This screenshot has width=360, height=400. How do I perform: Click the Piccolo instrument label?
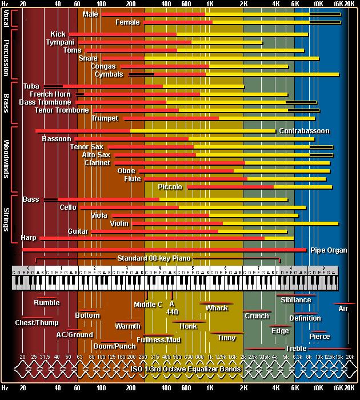[x=170, y=187]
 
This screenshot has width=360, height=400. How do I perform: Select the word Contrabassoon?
[x=304, y=131]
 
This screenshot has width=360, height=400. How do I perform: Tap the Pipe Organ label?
[x=329, y=250]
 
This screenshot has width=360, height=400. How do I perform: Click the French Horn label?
[x=50, y=94]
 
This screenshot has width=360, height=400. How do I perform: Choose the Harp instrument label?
[x=29, y=237]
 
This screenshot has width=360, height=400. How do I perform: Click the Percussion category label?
[x=6, y=54]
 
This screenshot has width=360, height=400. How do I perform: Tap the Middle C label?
[x=148, y=305]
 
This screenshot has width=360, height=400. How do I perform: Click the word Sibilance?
[x=296, y=300]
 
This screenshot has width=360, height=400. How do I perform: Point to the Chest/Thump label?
[x=37, y=323]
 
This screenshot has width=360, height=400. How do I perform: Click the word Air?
[x=343, y=309]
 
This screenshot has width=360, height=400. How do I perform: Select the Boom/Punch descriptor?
[x=115, y=346]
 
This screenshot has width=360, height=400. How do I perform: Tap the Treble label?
[x=296, y=348]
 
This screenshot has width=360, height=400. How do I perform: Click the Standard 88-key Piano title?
[x=154, y=258]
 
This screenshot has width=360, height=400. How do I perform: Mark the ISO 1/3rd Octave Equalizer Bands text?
[x=186, y=369]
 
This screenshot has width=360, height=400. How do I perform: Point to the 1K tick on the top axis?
[x=210, y=4]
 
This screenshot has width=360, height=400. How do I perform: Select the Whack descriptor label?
[x=217, y=308]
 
